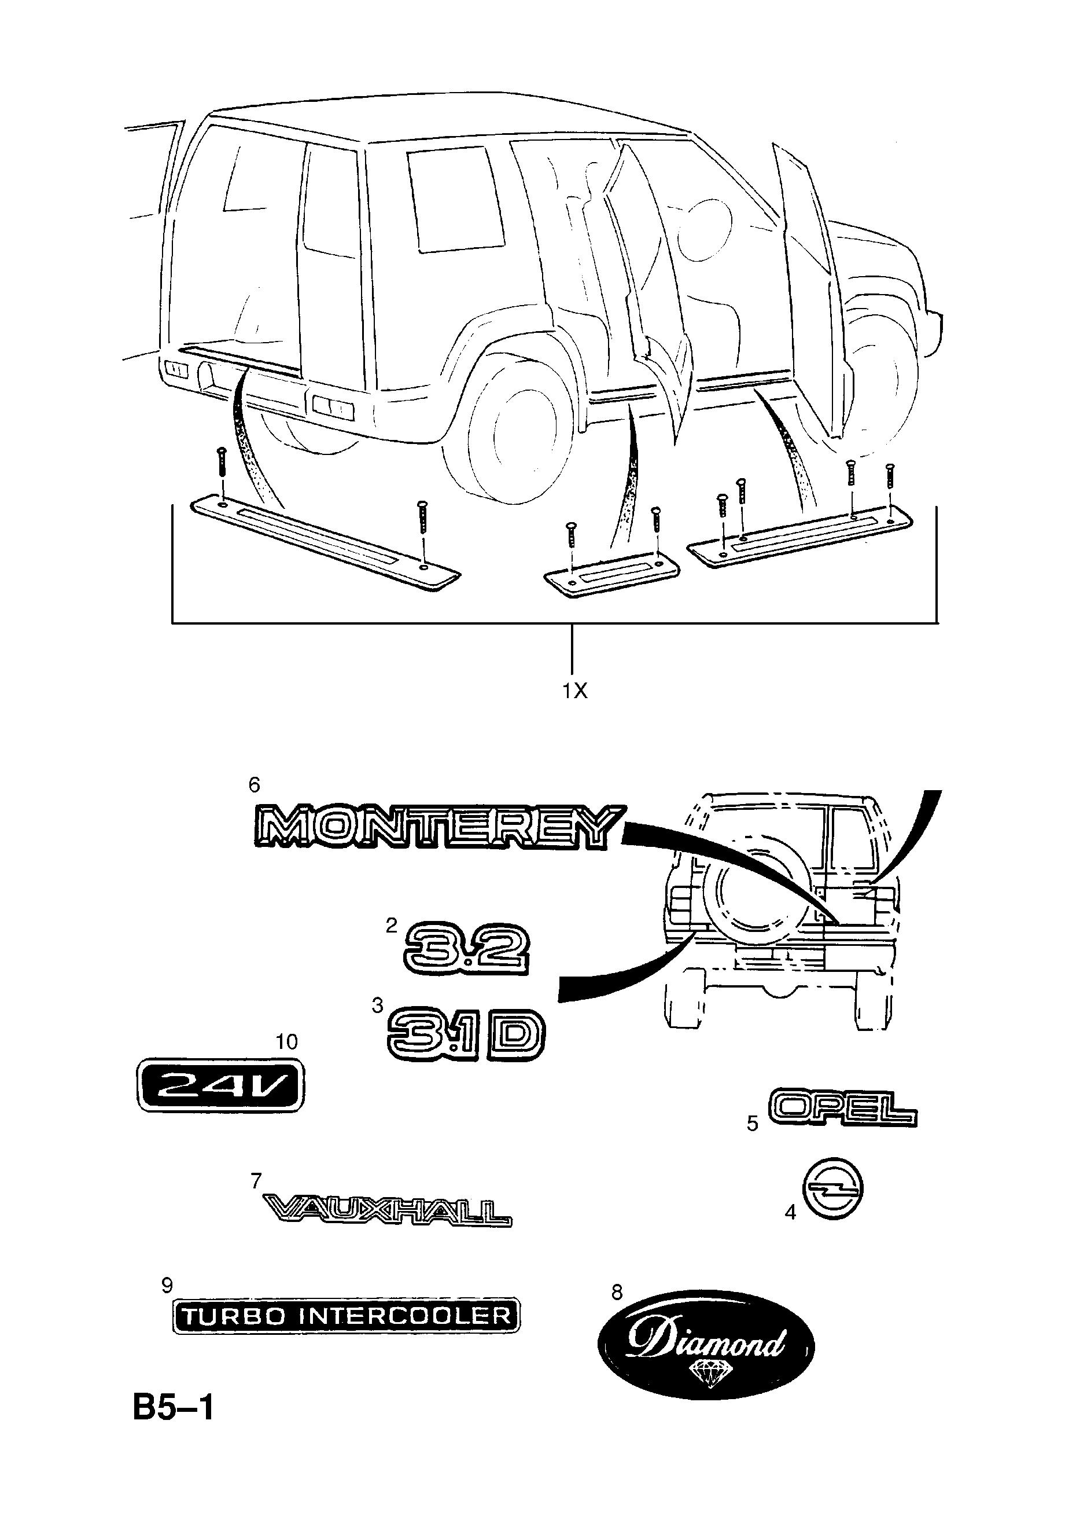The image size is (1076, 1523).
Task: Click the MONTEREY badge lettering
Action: [x=437, y=827]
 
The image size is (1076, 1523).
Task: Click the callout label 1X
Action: [x=575, y=691]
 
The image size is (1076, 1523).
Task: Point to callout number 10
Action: [x=287, y=1041]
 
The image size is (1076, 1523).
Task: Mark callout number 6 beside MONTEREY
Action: [x=254, y=786]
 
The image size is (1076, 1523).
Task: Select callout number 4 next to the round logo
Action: [x=790, y=1213]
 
